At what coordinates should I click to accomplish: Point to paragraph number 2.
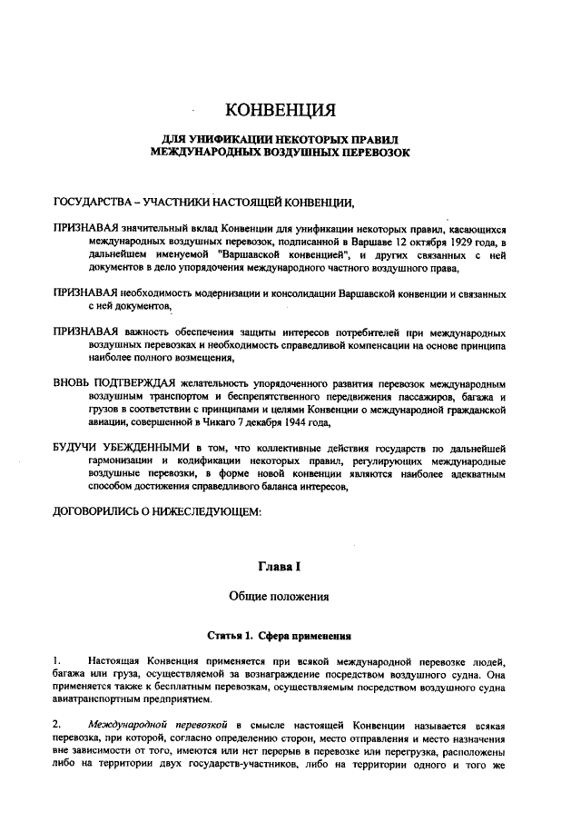coord(57,725)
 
